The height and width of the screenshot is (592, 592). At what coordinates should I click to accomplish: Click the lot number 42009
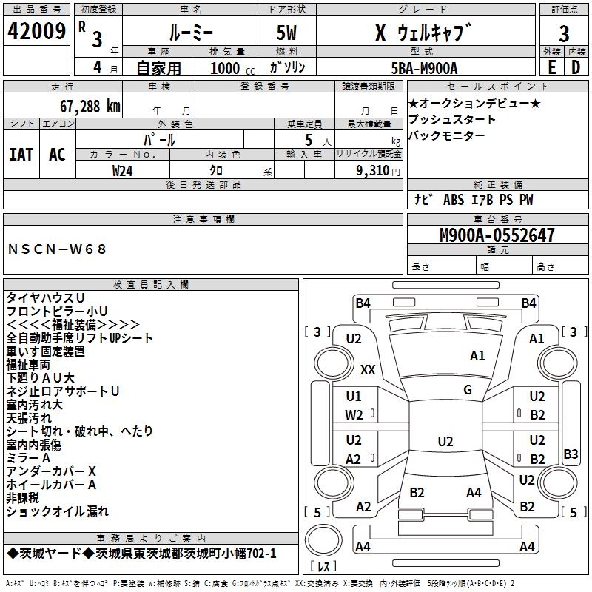coord(36,31)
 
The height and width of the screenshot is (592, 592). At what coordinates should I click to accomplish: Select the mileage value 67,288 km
coord(90,107)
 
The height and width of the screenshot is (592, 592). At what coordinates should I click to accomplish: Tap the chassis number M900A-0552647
coord(497,235)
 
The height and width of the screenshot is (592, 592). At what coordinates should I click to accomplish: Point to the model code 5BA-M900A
coord(424,68)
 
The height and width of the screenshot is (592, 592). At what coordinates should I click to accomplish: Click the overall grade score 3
coord(564,33)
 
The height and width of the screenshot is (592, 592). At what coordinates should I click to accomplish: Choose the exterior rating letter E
coord(552,67)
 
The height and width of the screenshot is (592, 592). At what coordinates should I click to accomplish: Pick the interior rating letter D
coord(576,67)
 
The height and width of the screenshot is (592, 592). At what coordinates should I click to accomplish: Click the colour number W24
coord(123,171)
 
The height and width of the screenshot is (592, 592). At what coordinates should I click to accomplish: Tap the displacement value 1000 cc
coord(232,68)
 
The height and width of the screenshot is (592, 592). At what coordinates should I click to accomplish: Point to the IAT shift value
coord(21,155)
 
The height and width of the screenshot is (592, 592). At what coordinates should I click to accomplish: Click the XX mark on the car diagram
coord(368,369)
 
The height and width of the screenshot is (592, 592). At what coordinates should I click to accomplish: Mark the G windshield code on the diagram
coord(468,390)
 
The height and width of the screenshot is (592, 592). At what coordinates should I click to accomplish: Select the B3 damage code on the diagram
coord(571,454)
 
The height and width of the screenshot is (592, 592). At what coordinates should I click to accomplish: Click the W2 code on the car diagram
coord(354,415)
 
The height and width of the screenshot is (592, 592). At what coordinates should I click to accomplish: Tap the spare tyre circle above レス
coord(323,539)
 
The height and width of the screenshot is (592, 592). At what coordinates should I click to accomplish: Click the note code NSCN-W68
coord(57,249)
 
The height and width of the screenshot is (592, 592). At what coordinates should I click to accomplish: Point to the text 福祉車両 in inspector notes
coord(28,365)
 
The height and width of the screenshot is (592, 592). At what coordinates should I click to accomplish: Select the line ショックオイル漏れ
coord(58,511)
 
